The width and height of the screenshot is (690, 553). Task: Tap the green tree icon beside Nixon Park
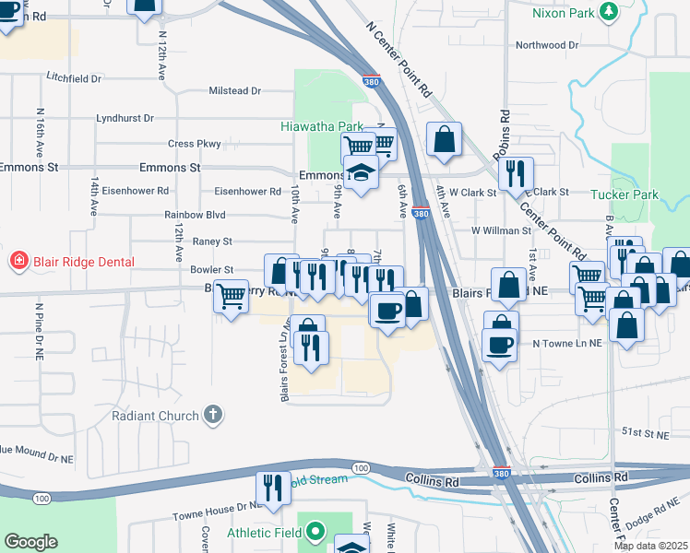609,11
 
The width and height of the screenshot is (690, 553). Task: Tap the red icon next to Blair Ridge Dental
18,262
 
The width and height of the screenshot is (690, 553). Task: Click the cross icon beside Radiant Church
213,416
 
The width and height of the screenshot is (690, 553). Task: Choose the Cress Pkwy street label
195,144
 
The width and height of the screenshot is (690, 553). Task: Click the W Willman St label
500,230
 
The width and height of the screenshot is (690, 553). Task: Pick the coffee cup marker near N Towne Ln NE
499,345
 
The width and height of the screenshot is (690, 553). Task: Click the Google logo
30,542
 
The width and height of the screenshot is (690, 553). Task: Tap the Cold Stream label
317,479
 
